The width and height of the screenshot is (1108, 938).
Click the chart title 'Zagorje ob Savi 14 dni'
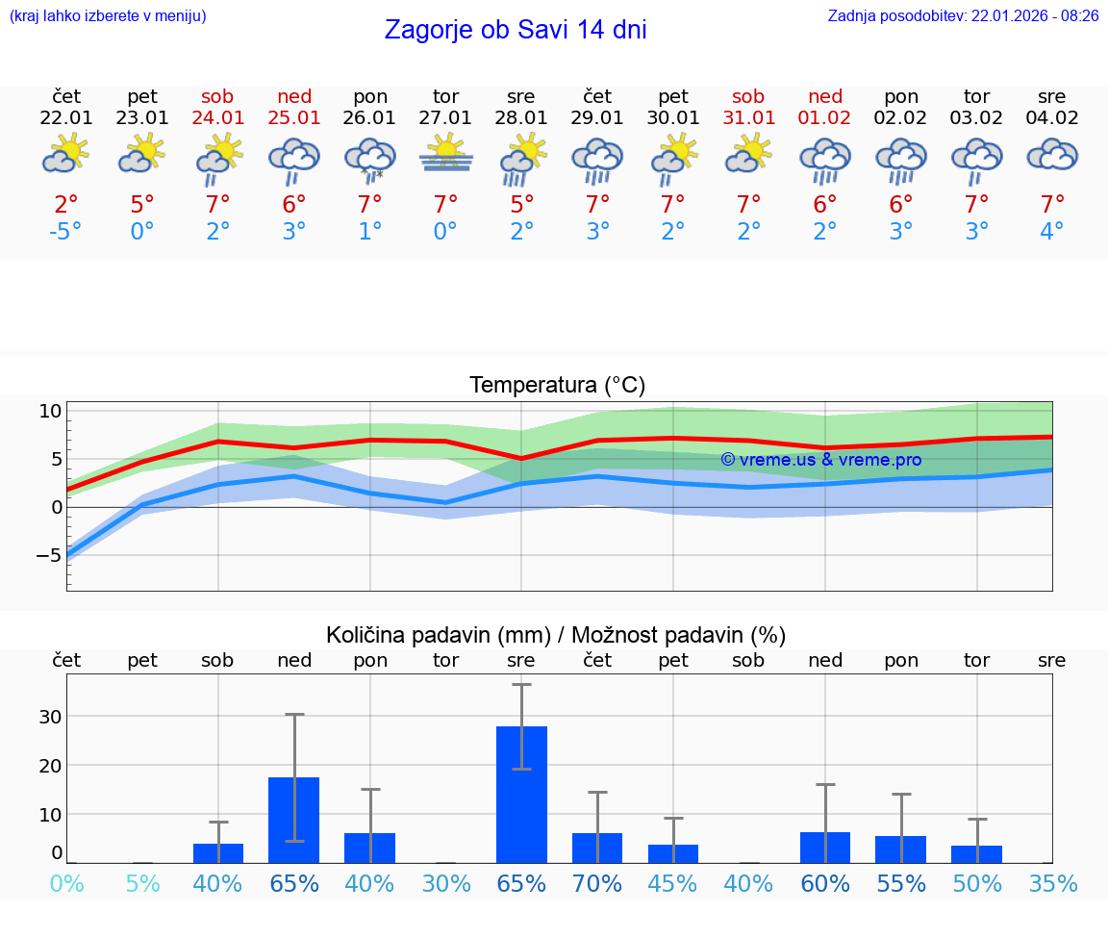516,30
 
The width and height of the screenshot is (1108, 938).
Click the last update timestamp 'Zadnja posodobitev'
963,15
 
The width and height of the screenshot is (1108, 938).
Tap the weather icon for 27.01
445,154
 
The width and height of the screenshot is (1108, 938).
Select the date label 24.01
218,118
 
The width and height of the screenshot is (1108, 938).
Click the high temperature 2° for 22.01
66,204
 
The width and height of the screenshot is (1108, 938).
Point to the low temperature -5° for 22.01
66,232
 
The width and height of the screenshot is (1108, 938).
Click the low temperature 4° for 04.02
1052,232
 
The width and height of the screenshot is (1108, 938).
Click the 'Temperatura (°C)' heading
557,386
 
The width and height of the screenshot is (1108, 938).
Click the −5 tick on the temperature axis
48,555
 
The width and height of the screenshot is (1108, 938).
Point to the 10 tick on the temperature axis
50,411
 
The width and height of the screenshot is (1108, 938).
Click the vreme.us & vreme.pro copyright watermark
821,460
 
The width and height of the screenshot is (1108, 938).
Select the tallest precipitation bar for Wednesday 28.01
521,794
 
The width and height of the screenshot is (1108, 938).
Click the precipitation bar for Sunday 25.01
293,820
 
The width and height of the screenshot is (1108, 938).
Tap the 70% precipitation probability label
597,883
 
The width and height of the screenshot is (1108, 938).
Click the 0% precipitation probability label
66,883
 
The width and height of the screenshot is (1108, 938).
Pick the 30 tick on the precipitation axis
50,717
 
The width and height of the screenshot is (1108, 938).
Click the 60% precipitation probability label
825,883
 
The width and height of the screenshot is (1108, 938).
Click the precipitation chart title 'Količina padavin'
556,635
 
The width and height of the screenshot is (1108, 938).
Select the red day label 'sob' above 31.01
748,96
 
